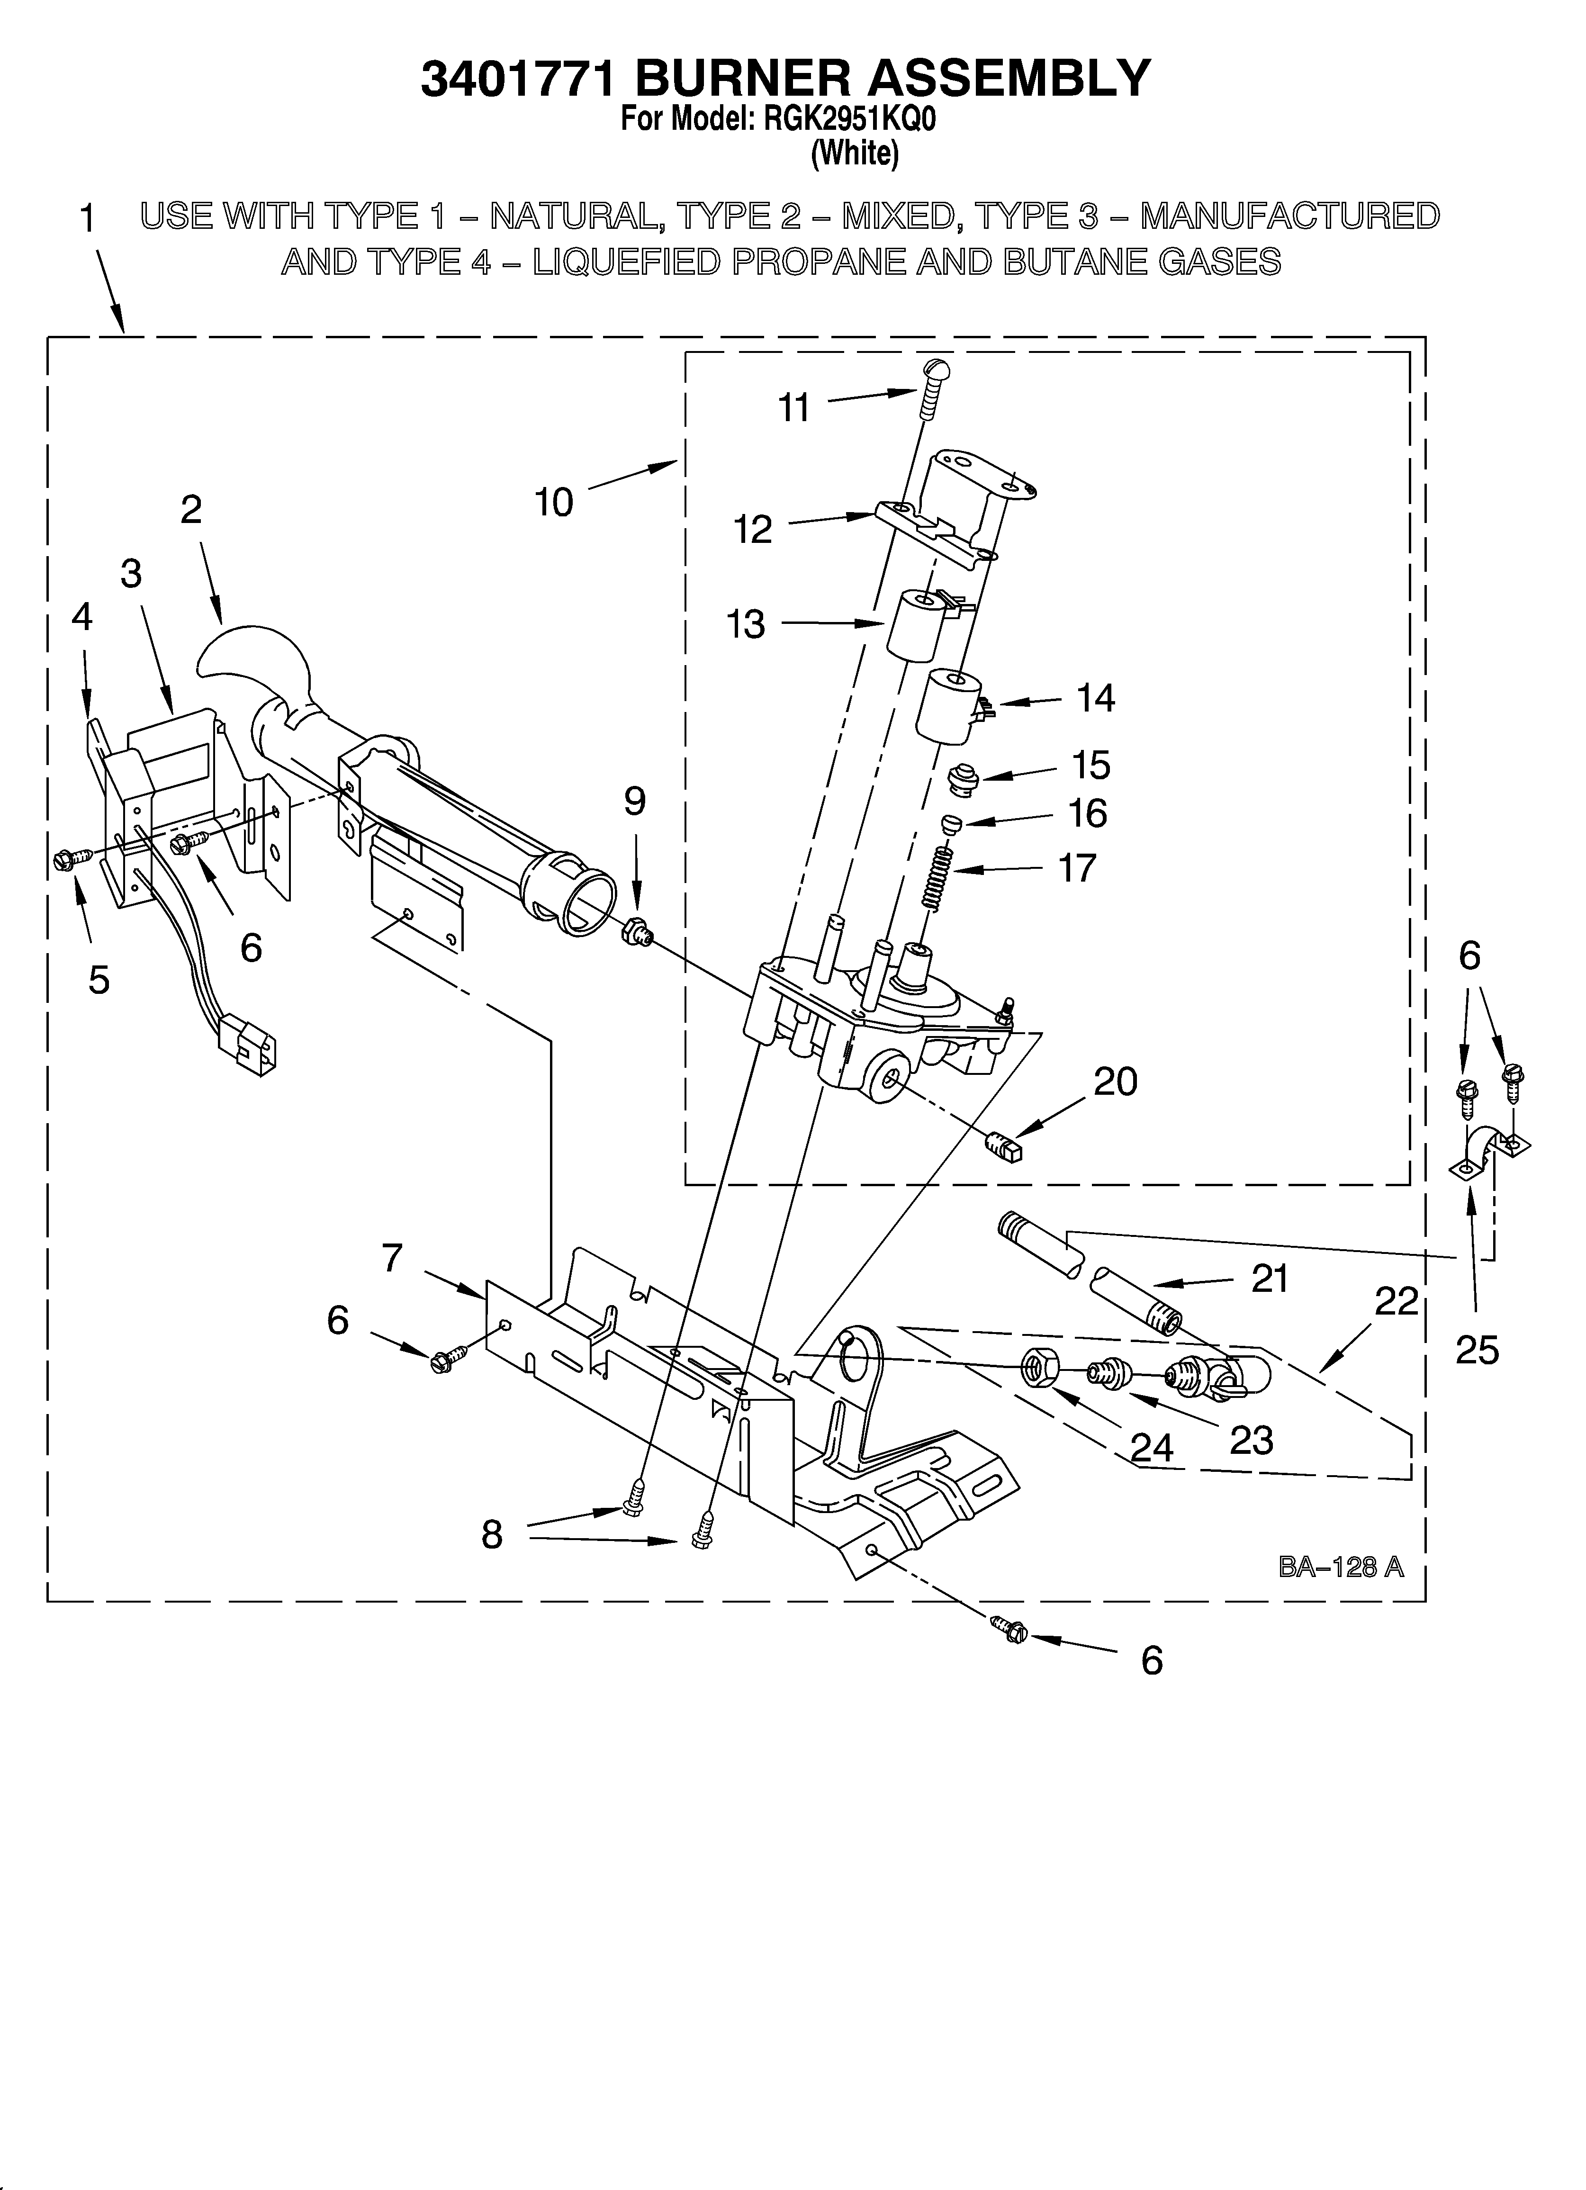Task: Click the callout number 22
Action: (x=1396, y=1302)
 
